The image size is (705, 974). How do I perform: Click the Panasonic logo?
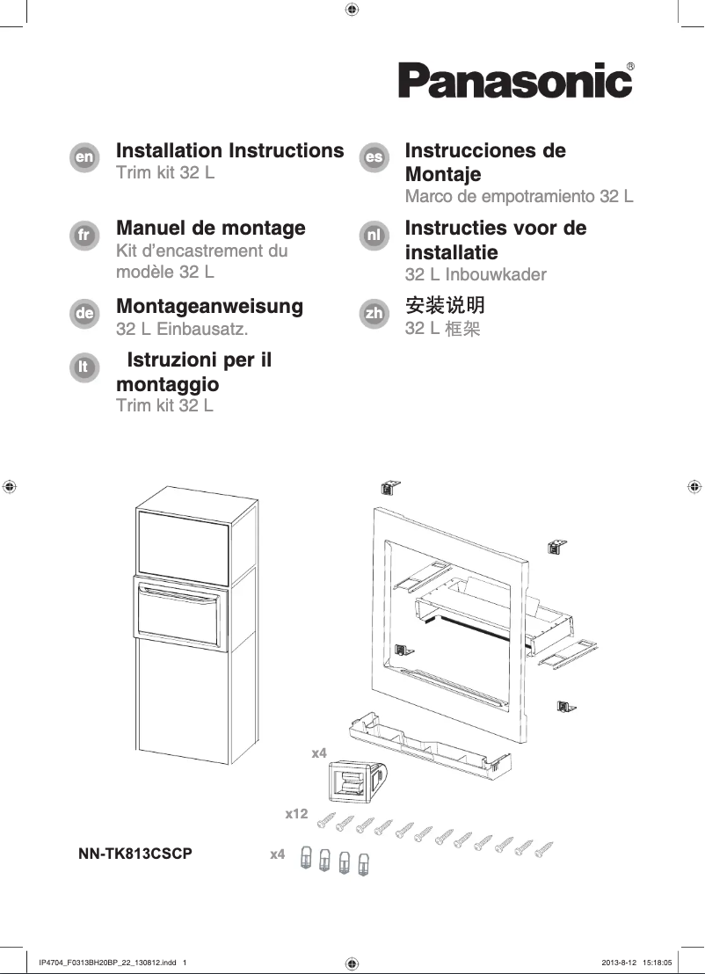click(x=515, y=81)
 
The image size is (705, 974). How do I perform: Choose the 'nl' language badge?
click(x=374, y=236)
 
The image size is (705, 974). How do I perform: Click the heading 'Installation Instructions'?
click(x=229, y=150)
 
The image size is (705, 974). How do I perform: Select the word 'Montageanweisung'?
click(x=209, y=307)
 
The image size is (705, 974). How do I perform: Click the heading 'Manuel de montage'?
click(x=211, y=229)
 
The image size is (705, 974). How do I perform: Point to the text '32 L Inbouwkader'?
click(x=475, y=274)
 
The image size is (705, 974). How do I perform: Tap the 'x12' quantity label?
click(x=296, y=815)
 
